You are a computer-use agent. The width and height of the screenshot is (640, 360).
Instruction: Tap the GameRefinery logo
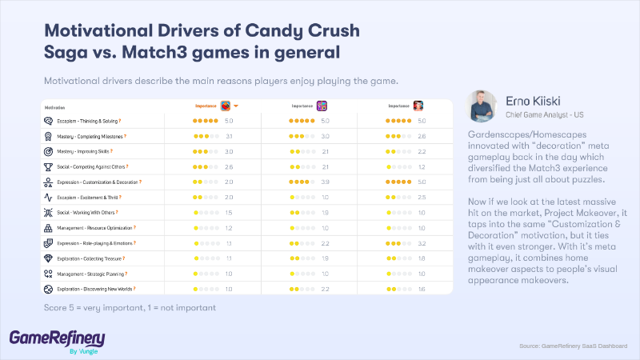coord(56,339)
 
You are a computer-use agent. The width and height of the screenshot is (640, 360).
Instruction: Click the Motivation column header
coord(55,106)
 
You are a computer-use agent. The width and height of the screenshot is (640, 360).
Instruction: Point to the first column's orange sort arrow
coord(237,106)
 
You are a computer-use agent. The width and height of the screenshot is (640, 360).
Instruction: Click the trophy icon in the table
coord(48,166)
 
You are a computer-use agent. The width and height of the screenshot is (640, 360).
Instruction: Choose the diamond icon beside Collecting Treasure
coord(48,258)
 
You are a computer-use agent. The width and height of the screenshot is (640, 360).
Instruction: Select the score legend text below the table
coord(130,308)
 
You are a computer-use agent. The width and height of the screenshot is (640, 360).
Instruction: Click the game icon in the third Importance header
coord(418,106)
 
